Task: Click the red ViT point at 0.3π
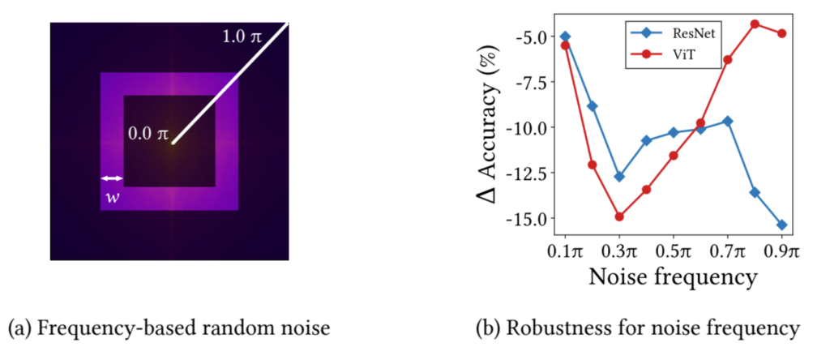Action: pos(619,216)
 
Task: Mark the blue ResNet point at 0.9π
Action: pos(782,225)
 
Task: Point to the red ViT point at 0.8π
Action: pos(755,24)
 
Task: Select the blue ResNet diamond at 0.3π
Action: pos(619,176)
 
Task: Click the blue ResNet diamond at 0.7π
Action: pos(728,121)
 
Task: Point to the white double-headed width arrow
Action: pos(111,178)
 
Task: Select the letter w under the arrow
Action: pos(111,198)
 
